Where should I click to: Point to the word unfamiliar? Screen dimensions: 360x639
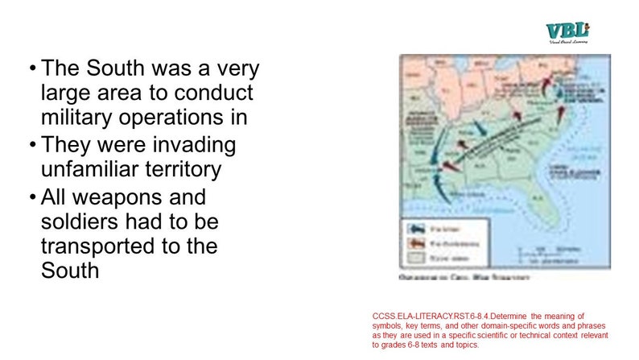[89, 169]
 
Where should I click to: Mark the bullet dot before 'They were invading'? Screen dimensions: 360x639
[31, 146]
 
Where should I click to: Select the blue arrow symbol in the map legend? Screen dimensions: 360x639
[415, 230]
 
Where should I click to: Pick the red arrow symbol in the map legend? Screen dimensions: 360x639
[415, 243]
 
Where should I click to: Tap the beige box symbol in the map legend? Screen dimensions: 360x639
[415, 258]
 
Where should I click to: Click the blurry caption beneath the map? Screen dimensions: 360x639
[463, 276]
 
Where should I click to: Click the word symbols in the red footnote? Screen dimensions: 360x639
[388, 325]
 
